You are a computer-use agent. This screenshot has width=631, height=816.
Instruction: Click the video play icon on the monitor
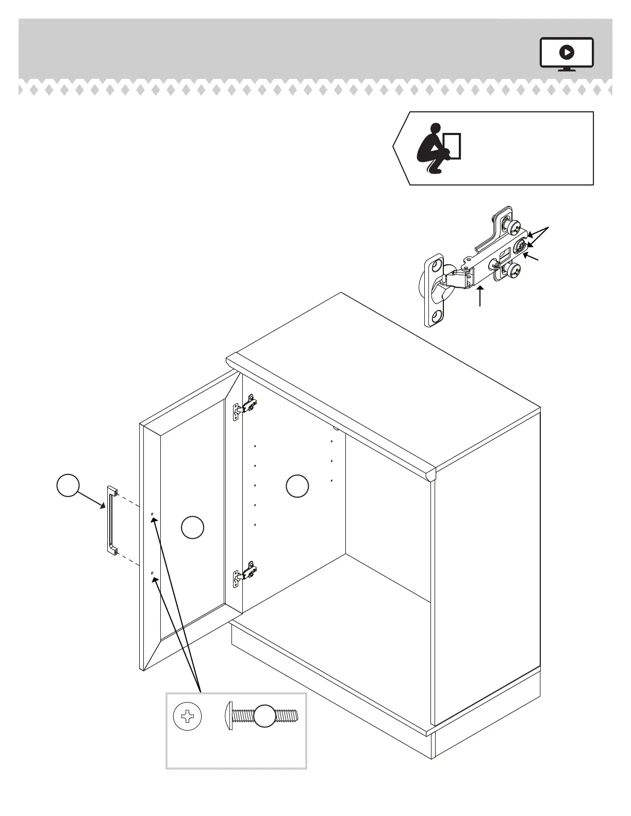567,52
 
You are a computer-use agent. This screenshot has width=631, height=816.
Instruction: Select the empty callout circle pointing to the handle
68,486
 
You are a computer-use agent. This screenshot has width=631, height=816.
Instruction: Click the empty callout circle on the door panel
193,528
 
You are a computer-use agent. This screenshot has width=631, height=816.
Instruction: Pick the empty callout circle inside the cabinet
297,486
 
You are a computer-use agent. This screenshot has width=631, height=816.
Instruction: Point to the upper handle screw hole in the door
152,515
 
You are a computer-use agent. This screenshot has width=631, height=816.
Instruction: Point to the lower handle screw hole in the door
152,573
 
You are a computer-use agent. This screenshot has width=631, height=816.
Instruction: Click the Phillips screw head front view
187,716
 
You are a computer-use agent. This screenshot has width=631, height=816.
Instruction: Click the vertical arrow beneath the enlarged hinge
480,297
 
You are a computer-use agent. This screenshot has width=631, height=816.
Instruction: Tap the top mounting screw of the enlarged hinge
513,227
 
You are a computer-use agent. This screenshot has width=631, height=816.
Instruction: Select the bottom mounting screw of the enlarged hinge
513,270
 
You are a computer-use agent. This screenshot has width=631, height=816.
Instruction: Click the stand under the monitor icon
567,69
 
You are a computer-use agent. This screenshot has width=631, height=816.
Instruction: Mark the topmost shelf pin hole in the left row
256,446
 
